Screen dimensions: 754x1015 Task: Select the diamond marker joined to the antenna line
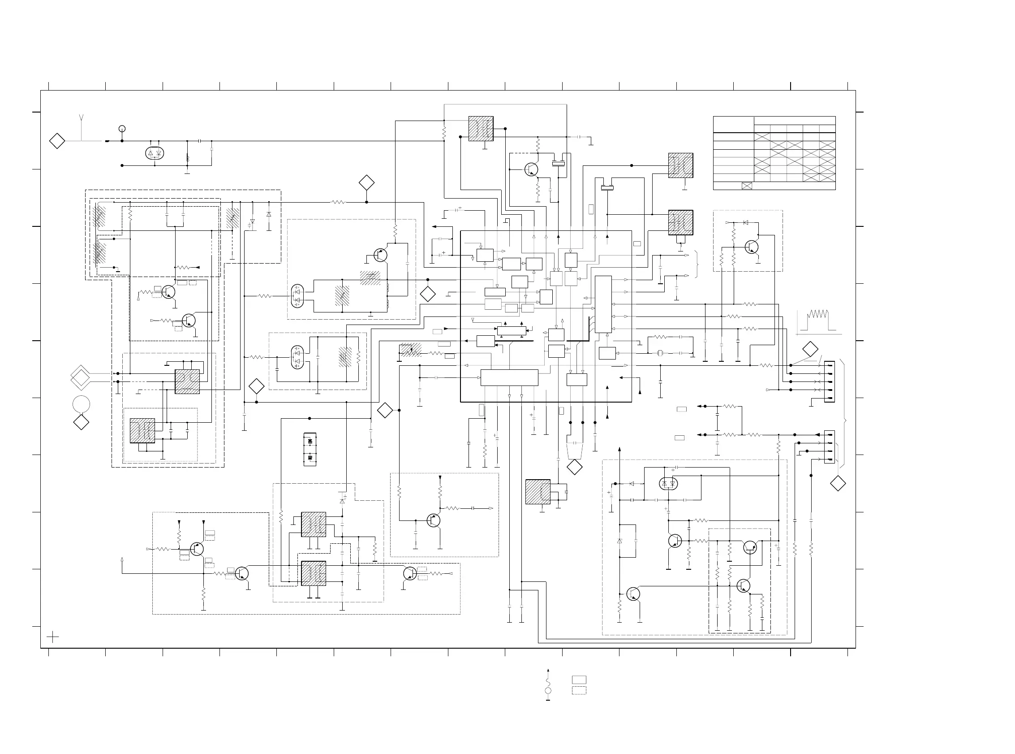[x=57, y=141]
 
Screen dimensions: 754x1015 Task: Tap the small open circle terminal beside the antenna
[x=122, y=129]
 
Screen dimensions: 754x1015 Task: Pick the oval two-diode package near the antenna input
[x=155, y=153]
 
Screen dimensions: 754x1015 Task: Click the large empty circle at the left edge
[x=81, y=404]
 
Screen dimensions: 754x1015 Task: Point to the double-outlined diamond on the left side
[x=81, y=377]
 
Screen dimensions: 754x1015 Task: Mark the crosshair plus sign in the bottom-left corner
[x=53, y=637]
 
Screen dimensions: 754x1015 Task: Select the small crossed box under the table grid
[x=747, y=186]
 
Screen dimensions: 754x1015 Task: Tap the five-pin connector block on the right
[x=830, y=381]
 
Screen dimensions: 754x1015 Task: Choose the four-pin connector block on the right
[x=830, y=447]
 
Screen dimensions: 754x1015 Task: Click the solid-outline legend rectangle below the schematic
[x=579, y=680]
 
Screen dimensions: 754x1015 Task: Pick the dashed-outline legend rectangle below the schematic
[x=579, y=690]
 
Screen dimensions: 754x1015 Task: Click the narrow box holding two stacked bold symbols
[x=310, y=450]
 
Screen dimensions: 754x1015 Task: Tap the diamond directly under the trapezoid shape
[x=575, y=468]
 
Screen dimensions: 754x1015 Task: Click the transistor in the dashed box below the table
[x=752, y=247]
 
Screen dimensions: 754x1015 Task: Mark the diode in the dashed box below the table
[x=745, y=222]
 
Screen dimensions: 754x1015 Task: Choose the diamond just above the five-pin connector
[x=810, y=349]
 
